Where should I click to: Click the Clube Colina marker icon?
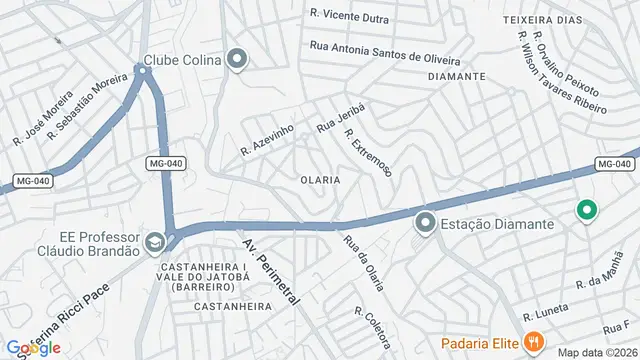237,60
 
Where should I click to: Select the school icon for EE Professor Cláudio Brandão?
155,242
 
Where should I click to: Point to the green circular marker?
587,210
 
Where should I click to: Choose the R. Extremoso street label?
368,153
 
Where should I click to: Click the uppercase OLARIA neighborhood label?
320,180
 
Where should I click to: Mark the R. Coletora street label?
371,327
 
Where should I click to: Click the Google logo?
32,347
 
